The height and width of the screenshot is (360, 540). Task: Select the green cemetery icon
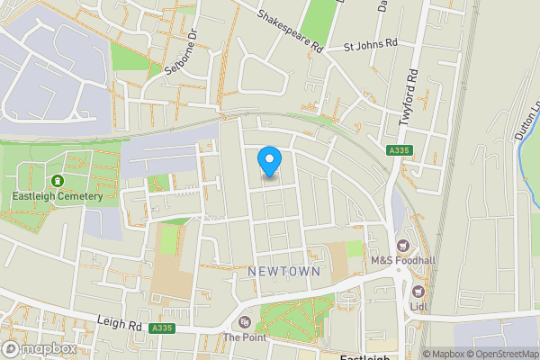tap(58, 181)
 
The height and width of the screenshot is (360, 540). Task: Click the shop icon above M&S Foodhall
tap(402, 245)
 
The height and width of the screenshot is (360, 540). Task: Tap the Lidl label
tap(418, 306)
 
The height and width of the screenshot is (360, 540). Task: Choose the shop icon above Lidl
tap(418, 291)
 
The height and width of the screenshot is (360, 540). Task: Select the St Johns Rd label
tap(372, 46)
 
